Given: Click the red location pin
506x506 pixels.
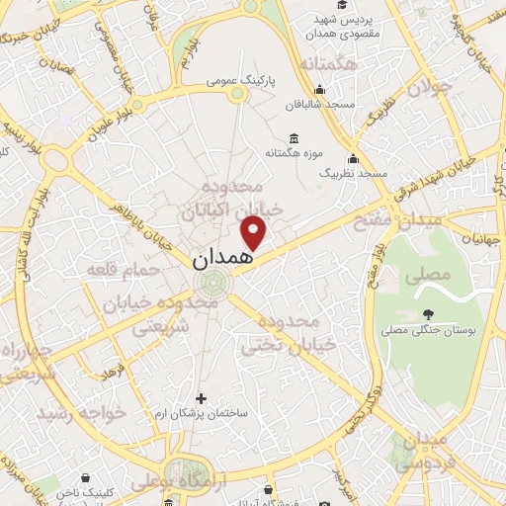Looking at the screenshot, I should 255,232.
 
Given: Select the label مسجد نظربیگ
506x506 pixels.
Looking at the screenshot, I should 359,172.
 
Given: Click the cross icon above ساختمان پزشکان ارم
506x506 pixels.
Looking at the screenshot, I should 202,398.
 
